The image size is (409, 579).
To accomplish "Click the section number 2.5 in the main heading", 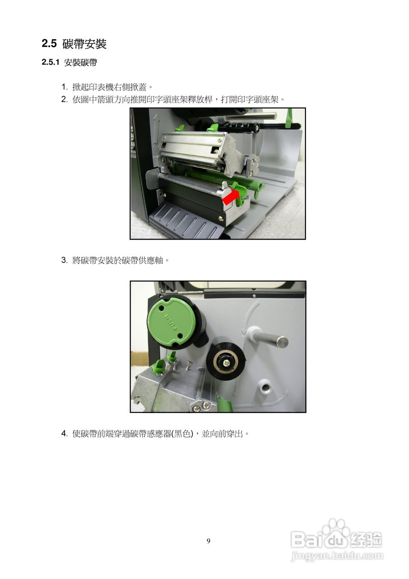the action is tap(49, 43).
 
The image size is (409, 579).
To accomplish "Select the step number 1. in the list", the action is tap(65, 87).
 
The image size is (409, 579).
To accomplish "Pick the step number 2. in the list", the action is tap(65, 99).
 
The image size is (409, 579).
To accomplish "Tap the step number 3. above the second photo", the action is tap(65, 260).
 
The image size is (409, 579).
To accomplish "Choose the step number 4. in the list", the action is tap(65, 433).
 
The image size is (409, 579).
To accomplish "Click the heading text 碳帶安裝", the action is tap(84, 44).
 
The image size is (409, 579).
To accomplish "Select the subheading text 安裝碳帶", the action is tap(80, 62).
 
